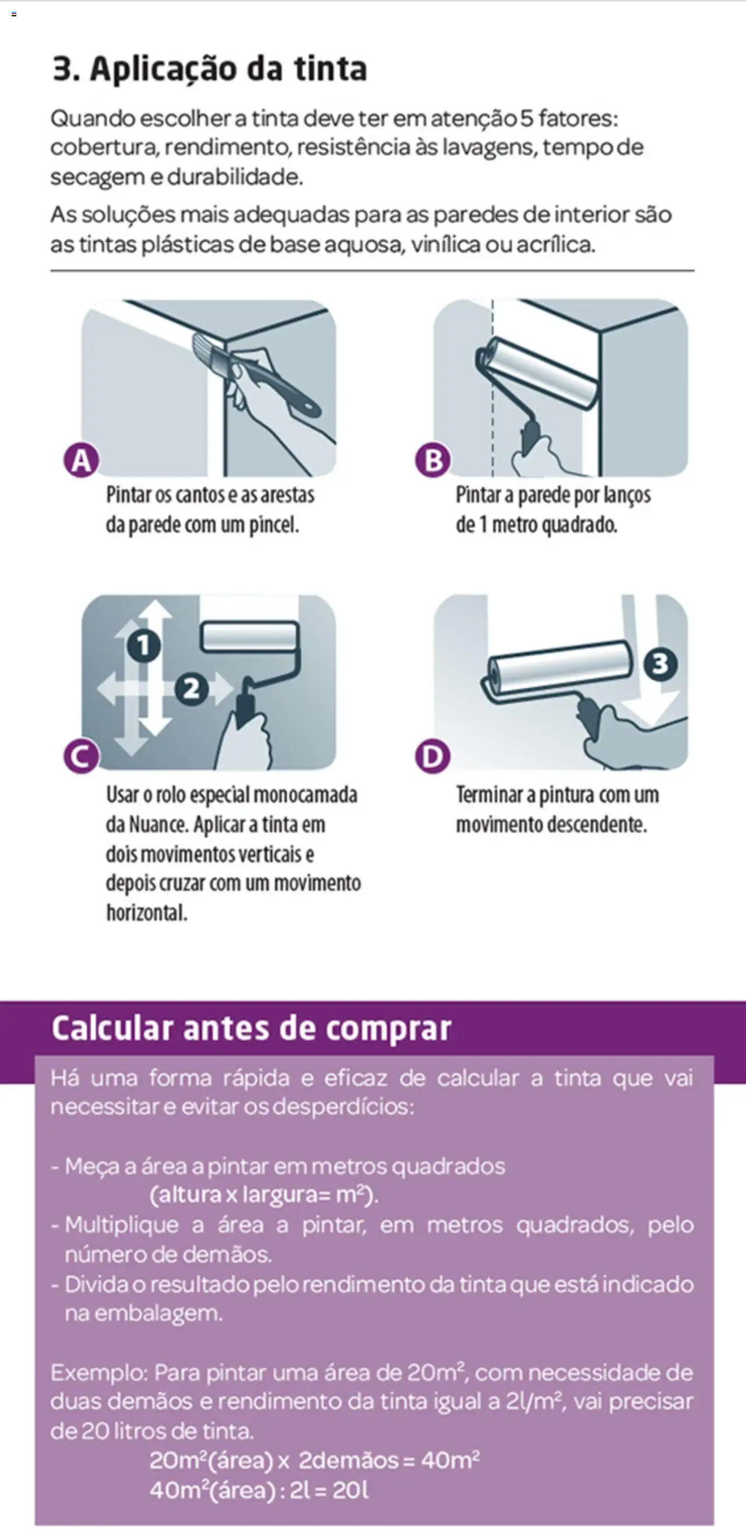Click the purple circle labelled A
pyautogui.click(x=81, y=460)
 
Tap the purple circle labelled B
pyautogui.click(x=432, y=460)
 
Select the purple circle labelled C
pyautogui.click(x=80, y=756)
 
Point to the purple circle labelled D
pyautogui.click(x=432, y=756)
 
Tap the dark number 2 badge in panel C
pyautogui.click(x=191, y=689)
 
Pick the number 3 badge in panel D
pyautogui.click(x=660, y=663)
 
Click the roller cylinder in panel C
pyautogui.click(x=249, y=636)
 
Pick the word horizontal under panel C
pyautogui.click(x=147, y=913)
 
